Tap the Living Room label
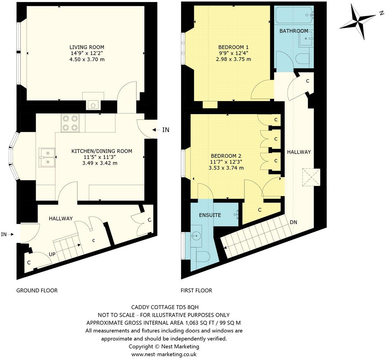[x=87, y=47]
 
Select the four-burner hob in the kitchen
[x=70, y=123]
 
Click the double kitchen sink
[x=47, y=157]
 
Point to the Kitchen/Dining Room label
[x=102, y=151]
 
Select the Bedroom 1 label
[x=233, y=47]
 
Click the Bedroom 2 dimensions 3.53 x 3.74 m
[x=226, y=168]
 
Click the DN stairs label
[x=294, y=222]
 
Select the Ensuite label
[x=210, y=215]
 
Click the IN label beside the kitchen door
[x=166, y=130]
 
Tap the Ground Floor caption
[x=37, y=290]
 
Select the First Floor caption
[x=196, y=290]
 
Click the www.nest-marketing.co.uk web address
[x=164, y=354]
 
